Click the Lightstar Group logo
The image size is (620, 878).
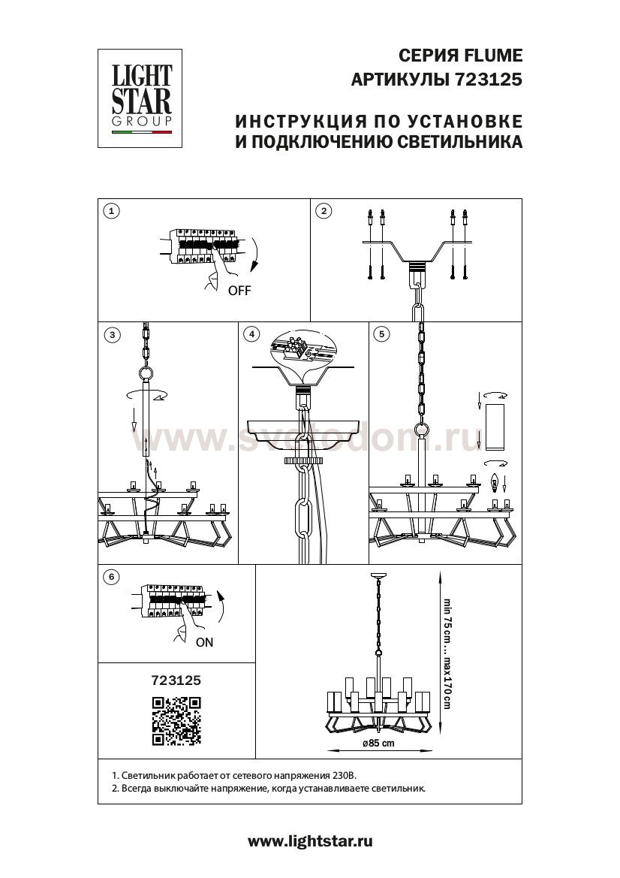pyautogui.click(x=140, y=98)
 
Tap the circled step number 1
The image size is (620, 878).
pyautogui.click(x=112, y=211)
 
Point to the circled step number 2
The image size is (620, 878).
pyautogui.click(x=324, y=211)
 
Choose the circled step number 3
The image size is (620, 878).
pyautogui.click(x=113, y=335)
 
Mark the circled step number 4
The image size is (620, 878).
pyautogui.click(x=251, y=334)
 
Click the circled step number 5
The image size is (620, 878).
pyautogui.click(x=381, y=334)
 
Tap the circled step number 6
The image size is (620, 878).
pyautogui.click(x=112, y=577)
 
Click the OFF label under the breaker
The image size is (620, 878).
pyautogui.click(x=239, y=291)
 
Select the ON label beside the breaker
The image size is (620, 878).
pyautogui.click(x=204, y=642)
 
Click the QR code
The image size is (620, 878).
pyautogui.click(x=177, y=721)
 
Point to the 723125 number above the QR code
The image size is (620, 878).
pyautogui.click(x=176, y=680)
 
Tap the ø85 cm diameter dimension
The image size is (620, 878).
pyautogui.click(x=378, y=743)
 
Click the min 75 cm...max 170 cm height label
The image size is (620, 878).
pyautogui.click(x=447, y=653)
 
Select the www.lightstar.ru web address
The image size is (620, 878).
pyautogui.click(x=310, y=840)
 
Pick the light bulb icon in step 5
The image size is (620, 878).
pyautogui.click(x=494, y=481)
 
